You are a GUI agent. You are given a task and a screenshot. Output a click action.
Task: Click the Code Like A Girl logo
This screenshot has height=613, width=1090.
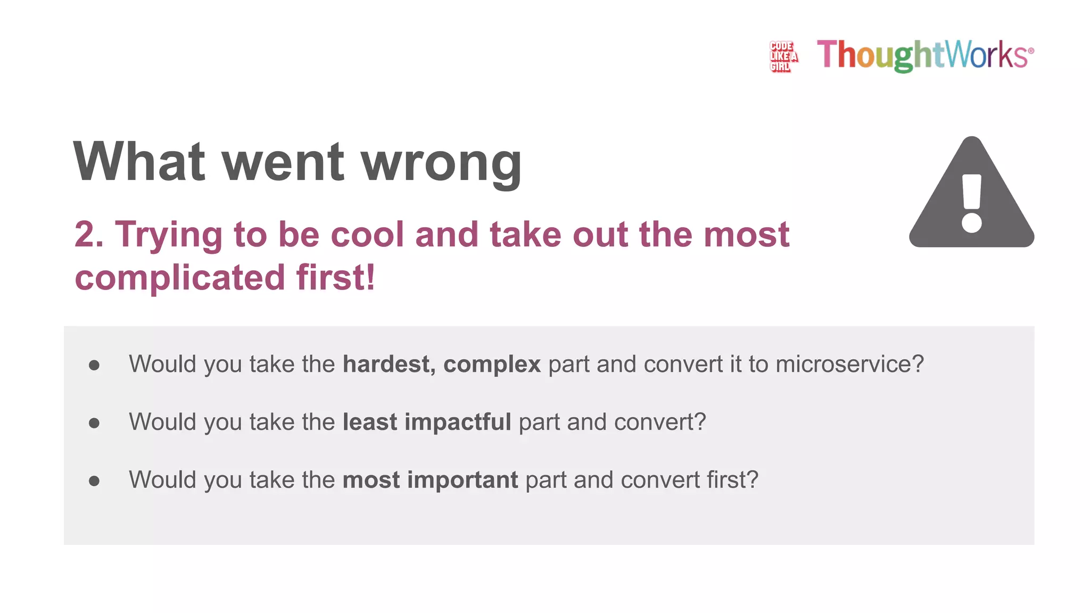pos(783,56)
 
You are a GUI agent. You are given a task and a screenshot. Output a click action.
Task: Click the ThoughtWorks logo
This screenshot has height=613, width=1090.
pos(925,55)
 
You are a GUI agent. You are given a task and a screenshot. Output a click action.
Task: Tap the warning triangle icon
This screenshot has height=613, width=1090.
pos(971,194)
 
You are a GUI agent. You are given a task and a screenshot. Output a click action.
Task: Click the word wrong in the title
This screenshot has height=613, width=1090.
pos(442,163)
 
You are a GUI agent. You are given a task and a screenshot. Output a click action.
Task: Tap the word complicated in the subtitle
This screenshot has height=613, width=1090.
pos(180,278)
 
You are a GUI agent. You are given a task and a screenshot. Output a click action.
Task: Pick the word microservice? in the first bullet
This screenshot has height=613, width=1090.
pos(849,365)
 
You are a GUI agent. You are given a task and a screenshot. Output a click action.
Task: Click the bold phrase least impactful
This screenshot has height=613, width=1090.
pos(427,422)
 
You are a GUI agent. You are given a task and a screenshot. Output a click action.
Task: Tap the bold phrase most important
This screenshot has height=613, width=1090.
pos(430,480)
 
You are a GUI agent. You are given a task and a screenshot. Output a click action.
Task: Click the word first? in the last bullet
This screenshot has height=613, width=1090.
pos(732,480)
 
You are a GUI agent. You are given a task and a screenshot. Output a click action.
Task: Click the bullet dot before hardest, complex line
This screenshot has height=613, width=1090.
pos(94,365)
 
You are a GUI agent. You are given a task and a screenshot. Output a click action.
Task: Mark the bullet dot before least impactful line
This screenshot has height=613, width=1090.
pos(94,423)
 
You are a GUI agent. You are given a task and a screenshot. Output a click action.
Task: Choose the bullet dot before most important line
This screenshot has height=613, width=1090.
pos(94,481)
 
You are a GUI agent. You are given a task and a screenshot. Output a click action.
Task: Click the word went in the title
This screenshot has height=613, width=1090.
pos(283,163)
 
